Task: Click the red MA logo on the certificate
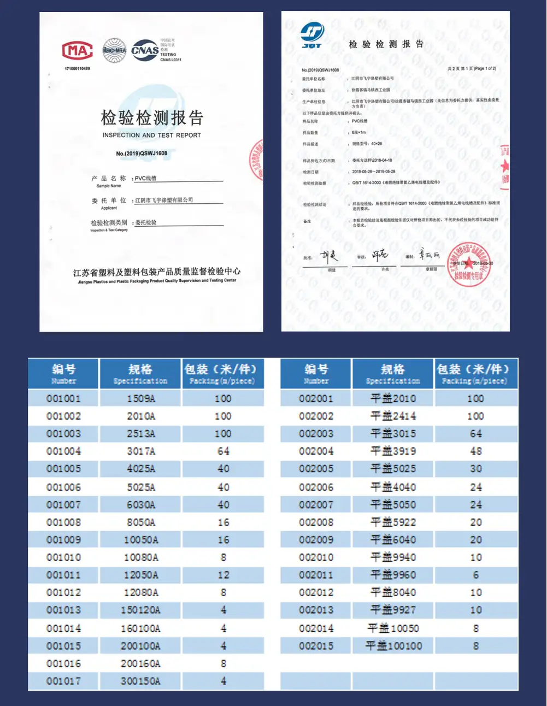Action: pos(77,51)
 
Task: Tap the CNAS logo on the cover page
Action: pos(145,50)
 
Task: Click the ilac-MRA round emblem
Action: pos(115,50)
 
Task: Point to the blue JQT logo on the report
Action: pos(312,34)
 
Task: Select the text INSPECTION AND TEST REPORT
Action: pos(152,135)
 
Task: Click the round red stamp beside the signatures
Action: pos(468,264)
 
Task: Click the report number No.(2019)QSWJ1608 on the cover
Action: pos(142,154)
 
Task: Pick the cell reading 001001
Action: pos(63,398)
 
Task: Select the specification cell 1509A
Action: pos(140,398)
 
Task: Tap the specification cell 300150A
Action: pos(140,681)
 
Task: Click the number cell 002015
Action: pos(316,646)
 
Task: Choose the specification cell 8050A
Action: pos(140,522)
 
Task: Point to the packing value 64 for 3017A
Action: pos(223,451)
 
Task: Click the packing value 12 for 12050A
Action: pos(223,575)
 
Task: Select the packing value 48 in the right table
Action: pos(475,451)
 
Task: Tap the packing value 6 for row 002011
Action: pos(475,575)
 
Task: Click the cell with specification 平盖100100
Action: pos(393,646)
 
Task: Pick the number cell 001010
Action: pos(63,557)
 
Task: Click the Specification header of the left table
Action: pos(140,374)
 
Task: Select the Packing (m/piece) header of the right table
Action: pos(475,374)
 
